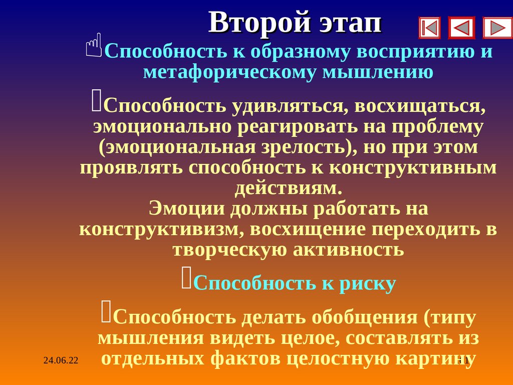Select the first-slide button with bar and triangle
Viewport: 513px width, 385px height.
point(429,28)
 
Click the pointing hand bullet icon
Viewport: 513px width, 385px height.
point(94,45)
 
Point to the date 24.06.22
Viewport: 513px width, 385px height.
point(61,360)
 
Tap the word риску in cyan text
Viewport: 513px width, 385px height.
point(368,284)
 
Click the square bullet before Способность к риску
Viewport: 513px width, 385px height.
point(186,278)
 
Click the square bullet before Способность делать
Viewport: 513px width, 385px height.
point(106,311)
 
